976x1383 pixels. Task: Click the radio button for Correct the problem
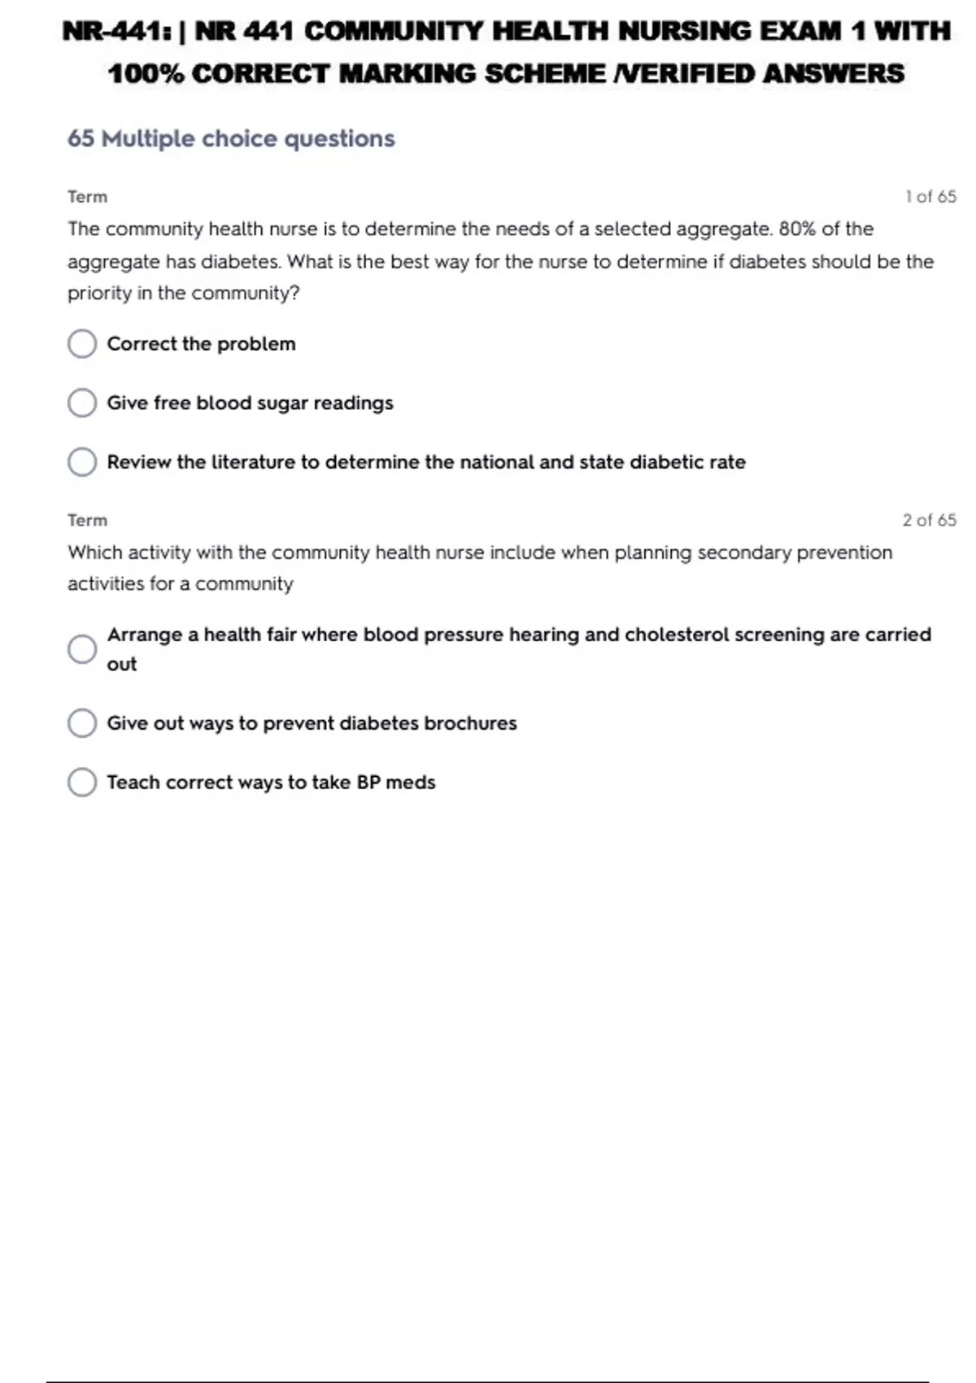(x=82, y=343)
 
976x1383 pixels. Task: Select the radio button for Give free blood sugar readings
(x=82, y=403)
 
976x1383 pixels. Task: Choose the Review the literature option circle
(x=82, y=462)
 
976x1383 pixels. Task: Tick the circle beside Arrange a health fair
(x=82, y=649)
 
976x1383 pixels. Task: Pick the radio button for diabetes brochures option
(x=82, y=722)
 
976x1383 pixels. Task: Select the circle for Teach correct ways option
(x=82, y=782)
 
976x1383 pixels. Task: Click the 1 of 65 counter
(x=930, y=197)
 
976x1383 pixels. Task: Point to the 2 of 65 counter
(x=929, y=520)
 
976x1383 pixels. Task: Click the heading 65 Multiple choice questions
(x=231, y=139)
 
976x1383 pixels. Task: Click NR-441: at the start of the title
(x=116, y=32)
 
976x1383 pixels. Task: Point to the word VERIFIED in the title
(x=685, y=74)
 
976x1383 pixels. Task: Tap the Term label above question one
(x=87, y=197)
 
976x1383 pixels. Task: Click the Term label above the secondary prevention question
(x=87, y=520)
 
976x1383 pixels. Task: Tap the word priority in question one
(x=98, y=293)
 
